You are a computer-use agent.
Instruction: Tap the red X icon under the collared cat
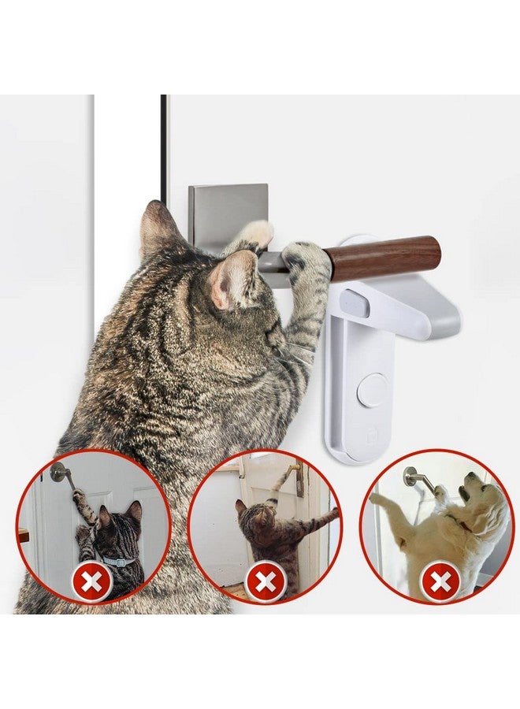click(87, 584)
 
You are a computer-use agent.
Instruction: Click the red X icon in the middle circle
click(265, 584)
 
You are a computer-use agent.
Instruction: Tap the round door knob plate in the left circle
click(59, 472)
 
